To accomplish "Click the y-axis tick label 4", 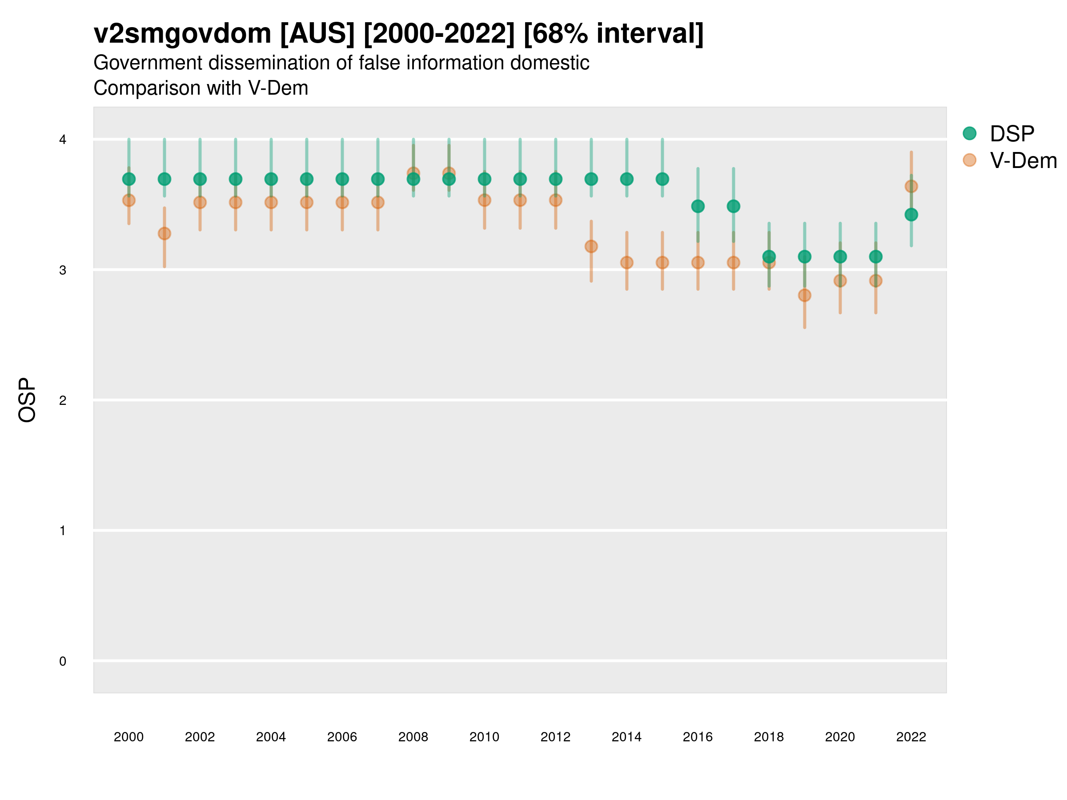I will click(63, 140).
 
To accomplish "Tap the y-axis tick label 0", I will click(63, 661).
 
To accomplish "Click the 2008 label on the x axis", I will click(413, 737).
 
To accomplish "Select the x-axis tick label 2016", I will click(698, 737).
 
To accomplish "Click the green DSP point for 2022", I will click(911, 215).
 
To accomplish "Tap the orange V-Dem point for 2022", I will click(911, 186).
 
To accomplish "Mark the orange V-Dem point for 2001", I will click(164, 233).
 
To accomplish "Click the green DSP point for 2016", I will click(698, 206).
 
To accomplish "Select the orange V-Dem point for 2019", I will click(805, 295).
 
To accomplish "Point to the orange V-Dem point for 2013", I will click(591, 246).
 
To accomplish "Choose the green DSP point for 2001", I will click(164, 180).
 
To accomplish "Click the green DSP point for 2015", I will click(662, 180).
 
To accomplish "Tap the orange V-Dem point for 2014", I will click(626, 262).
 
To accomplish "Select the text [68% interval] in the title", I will click(613, 34).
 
